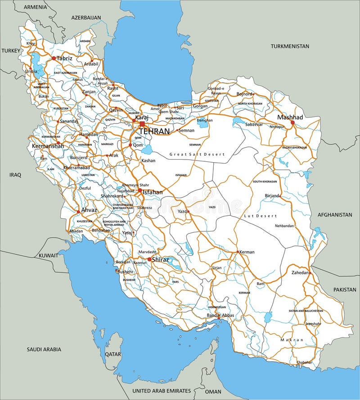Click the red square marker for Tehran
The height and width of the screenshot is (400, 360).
[142, 124]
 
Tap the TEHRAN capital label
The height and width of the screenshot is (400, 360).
[154, 131]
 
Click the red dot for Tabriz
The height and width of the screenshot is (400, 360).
[54, 58]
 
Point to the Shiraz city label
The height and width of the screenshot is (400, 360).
[161, 259]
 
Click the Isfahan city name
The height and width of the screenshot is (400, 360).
[153, 192]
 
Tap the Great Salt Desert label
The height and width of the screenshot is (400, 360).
[196, 154]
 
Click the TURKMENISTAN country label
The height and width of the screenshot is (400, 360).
[290, 46]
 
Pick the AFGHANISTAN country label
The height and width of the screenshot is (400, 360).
[335, 215]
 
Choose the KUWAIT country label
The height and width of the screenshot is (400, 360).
[48, 255]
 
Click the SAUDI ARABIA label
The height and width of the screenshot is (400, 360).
[44, 349]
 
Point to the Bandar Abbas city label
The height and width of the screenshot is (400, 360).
[220, 316]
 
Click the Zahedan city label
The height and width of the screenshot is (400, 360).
[300, 272]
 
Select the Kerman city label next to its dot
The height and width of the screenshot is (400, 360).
[247, 252]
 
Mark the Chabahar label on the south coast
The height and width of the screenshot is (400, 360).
[305, 362]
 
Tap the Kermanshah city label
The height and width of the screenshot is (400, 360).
[46, 147]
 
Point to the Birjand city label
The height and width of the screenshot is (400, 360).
[272, 196]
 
